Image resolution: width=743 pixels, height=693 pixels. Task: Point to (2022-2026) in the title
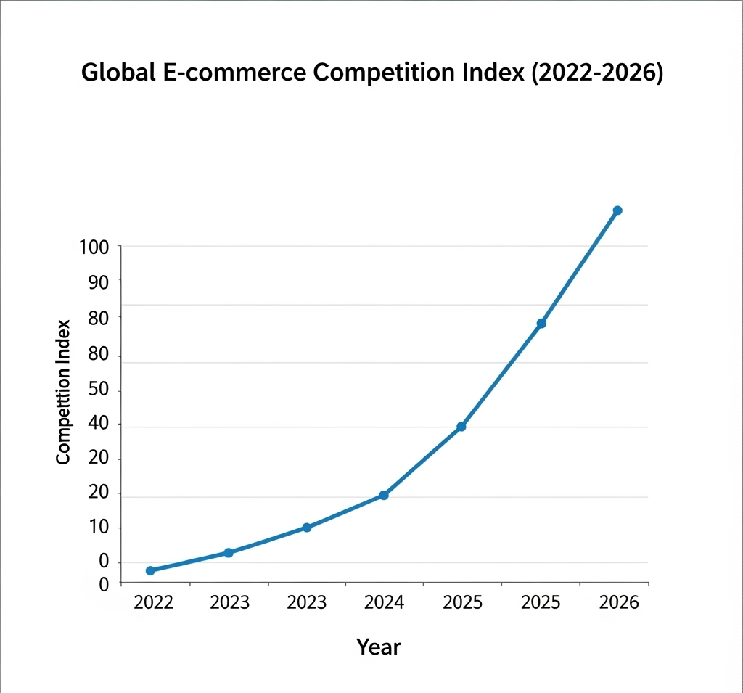click(598, 74)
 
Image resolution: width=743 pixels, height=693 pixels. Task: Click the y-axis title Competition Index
click(63, 392)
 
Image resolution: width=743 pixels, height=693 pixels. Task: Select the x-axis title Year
click(378, 647)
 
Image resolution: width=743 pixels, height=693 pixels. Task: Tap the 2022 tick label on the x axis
click(154, 603)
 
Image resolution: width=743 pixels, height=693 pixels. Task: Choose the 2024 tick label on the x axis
click(384, 603)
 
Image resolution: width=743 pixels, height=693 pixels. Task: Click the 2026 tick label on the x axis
click(619, 603)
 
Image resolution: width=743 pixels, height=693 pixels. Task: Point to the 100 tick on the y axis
click(94, 247)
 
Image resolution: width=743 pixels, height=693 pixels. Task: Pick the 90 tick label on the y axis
click(98, 282)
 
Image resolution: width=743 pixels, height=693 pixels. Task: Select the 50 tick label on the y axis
click(98, 390)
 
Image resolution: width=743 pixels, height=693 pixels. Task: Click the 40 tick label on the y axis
click(98, 425)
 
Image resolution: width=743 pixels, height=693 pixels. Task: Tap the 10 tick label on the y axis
click(98, 528)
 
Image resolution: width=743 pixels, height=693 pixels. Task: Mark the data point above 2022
click(150, 571)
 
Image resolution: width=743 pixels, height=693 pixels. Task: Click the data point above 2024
click(384, 496)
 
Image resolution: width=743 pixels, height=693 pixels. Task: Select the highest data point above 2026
click(617, 210)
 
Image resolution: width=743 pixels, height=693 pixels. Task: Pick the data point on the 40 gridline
click(461, 427)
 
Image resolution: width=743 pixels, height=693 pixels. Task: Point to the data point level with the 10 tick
click(307, 528)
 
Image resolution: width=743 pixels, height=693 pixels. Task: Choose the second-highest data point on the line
click(541, 323)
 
